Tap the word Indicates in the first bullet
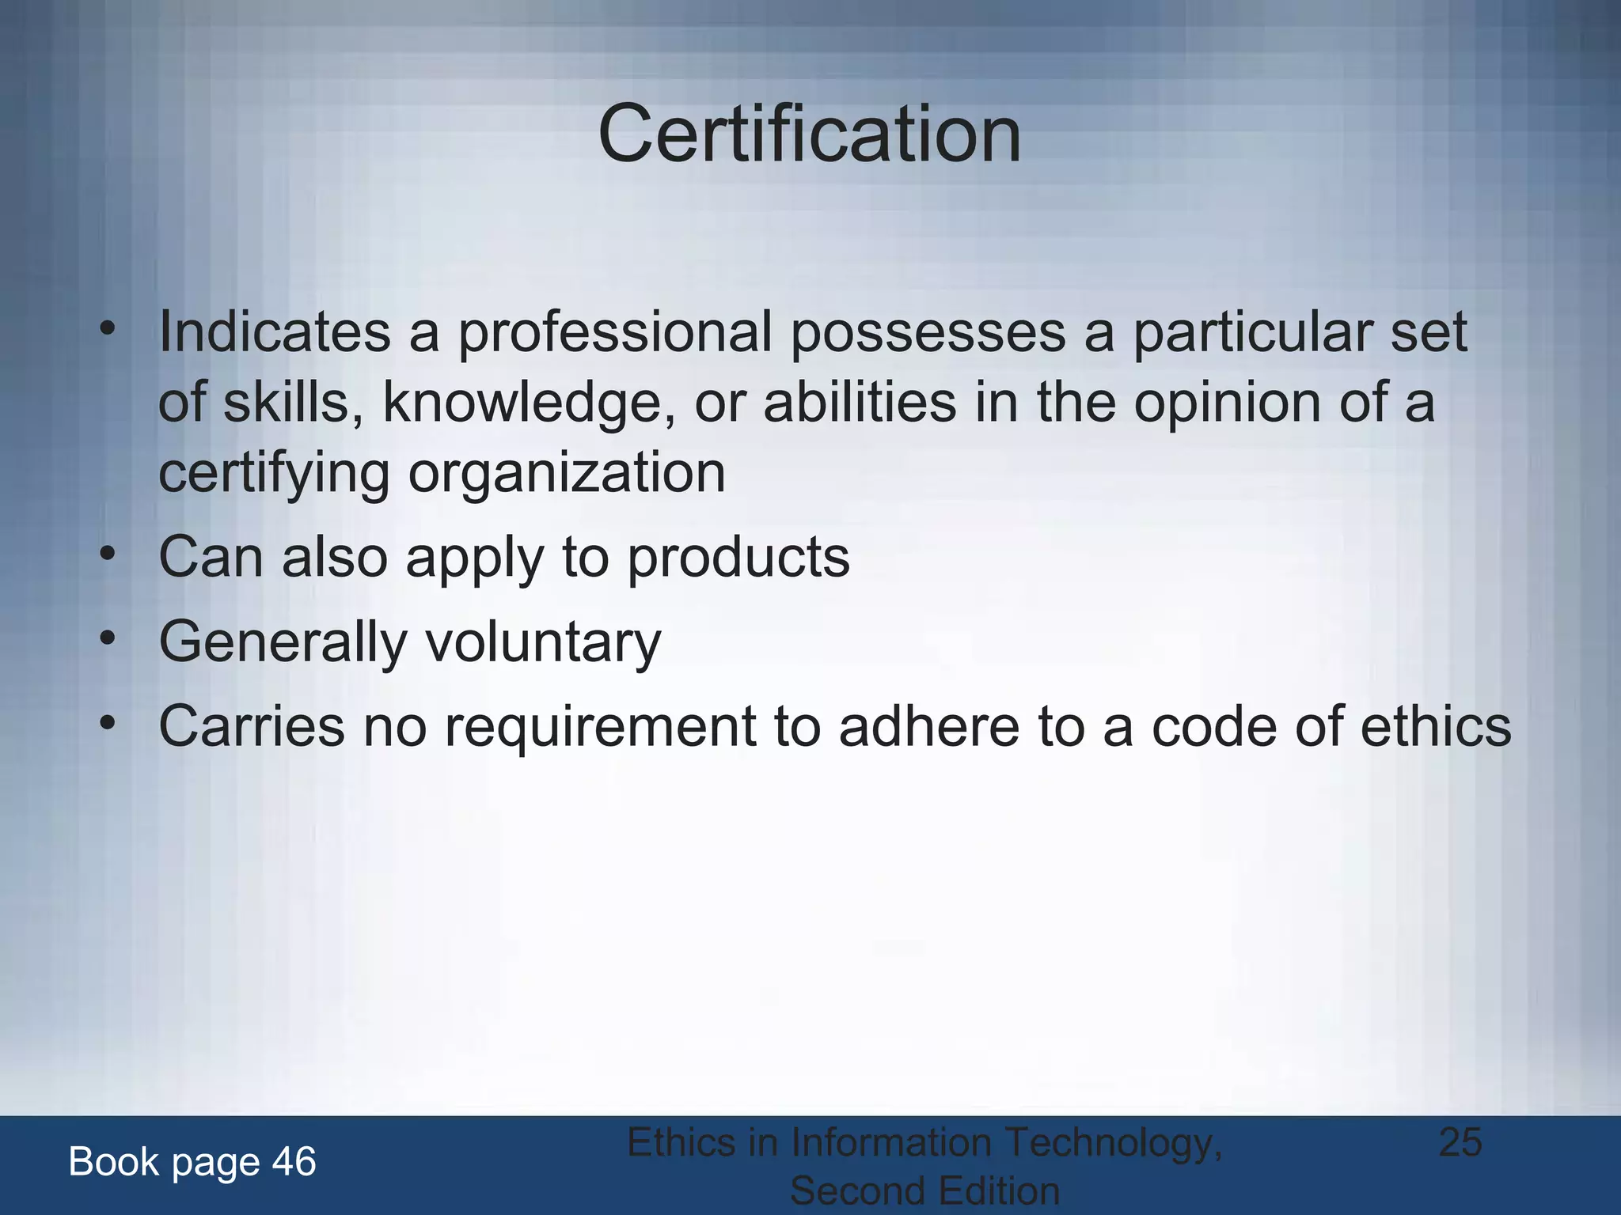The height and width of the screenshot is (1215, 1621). tap(275, 332)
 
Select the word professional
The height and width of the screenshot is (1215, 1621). tap(615, 332)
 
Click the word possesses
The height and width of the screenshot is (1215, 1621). tap(928, 332)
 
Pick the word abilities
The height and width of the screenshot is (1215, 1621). tap(860, 402)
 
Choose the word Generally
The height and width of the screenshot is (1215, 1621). tap(283, 642)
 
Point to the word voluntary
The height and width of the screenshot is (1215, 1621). tap(543, 642)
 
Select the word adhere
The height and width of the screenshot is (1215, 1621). tap(929, 725)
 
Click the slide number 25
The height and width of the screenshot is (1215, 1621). tap(1460, 1142)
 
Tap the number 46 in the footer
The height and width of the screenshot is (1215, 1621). tap(294, 1162)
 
